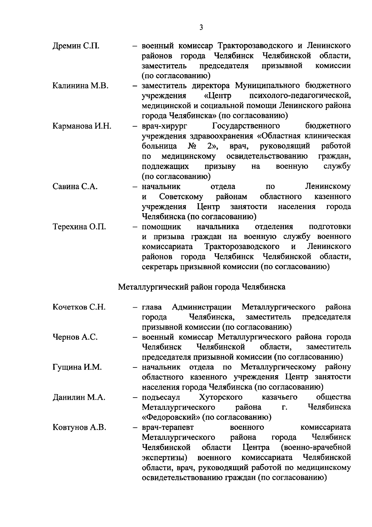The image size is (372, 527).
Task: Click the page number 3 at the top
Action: tap(201, 28)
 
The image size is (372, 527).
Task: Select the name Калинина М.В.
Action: tap(80, 86)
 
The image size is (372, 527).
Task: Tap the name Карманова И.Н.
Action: tap(82, 126)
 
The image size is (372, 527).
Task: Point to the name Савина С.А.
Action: tap(75, 187)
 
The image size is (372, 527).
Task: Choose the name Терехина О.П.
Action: tap(79, 227)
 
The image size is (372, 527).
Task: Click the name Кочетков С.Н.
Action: tap(79, 307)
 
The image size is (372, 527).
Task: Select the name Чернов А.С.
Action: tap(75, 337)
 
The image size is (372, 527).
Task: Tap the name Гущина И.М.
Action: tap(77, 367)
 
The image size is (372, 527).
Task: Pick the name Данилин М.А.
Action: tap(79, 397)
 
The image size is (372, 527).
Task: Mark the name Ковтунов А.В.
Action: tap(79, 427)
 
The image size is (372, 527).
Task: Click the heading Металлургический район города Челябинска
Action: tap(201, 287)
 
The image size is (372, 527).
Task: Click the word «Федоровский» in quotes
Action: tap(171, 417)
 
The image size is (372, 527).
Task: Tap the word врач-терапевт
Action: tap(168, 427)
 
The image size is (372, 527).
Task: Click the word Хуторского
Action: tap(220, 397)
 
